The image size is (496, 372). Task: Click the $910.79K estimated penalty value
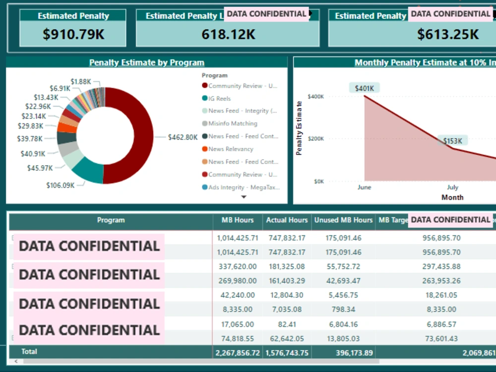pos(73,34)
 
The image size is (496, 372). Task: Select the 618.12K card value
pos(228,34)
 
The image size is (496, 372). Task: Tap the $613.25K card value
pos(447,34)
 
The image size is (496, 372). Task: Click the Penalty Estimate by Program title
pos(147,62)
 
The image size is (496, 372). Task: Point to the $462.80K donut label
pos(183,137)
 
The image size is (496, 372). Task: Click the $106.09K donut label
pos(61,185)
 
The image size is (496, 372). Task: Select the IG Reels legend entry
pos(219,98)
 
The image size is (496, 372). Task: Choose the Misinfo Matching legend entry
pos(233,124)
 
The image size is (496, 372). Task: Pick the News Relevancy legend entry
pos(231,149)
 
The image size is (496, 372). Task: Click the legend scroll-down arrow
pos(244,197)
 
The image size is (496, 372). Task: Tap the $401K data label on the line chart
pos(365,88)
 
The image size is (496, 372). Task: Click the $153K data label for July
pos(452,141)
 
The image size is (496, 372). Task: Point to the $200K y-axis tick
pos(315,139)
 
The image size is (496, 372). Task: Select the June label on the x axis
pos(364,187)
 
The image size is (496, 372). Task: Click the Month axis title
pos(452,197)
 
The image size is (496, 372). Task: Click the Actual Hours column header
pos(287,220)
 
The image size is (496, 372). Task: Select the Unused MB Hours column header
pos(343,220)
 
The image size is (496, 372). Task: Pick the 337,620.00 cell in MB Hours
pos(238,266)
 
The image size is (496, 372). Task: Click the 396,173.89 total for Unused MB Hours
pos(343,353)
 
